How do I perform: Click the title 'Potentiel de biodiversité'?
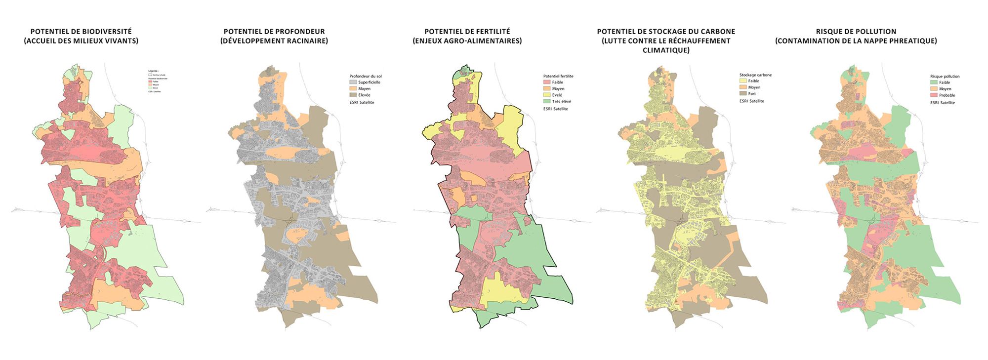pos(81,32)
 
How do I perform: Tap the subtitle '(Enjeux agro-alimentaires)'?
pos(467,41)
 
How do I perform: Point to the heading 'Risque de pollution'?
pos(856,32)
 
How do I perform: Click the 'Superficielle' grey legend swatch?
pos(353,82)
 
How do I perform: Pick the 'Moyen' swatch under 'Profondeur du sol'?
pos(353,88)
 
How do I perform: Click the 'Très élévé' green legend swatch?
pos(546,101)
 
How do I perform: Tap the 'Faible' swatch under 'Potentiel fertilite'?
pos(546,82)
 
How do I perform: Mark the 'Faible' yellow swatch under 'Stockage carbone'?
pos(743,81)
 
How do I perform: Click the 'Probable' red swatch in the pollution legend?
pos(934,95)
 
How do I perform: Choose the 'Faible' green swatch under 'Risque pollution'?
pos(934,82)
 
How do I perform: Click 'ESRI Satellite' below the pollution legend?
pos(942,103)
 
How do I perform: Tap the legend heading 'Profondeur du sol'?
pos(365,76)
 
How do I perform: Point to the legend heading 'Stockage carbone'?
pos(755,75)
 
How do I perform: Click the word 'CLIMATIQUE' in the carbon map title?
pos(665,50)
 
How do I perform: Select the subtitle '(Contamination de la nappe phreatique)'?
pos(856,41)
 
